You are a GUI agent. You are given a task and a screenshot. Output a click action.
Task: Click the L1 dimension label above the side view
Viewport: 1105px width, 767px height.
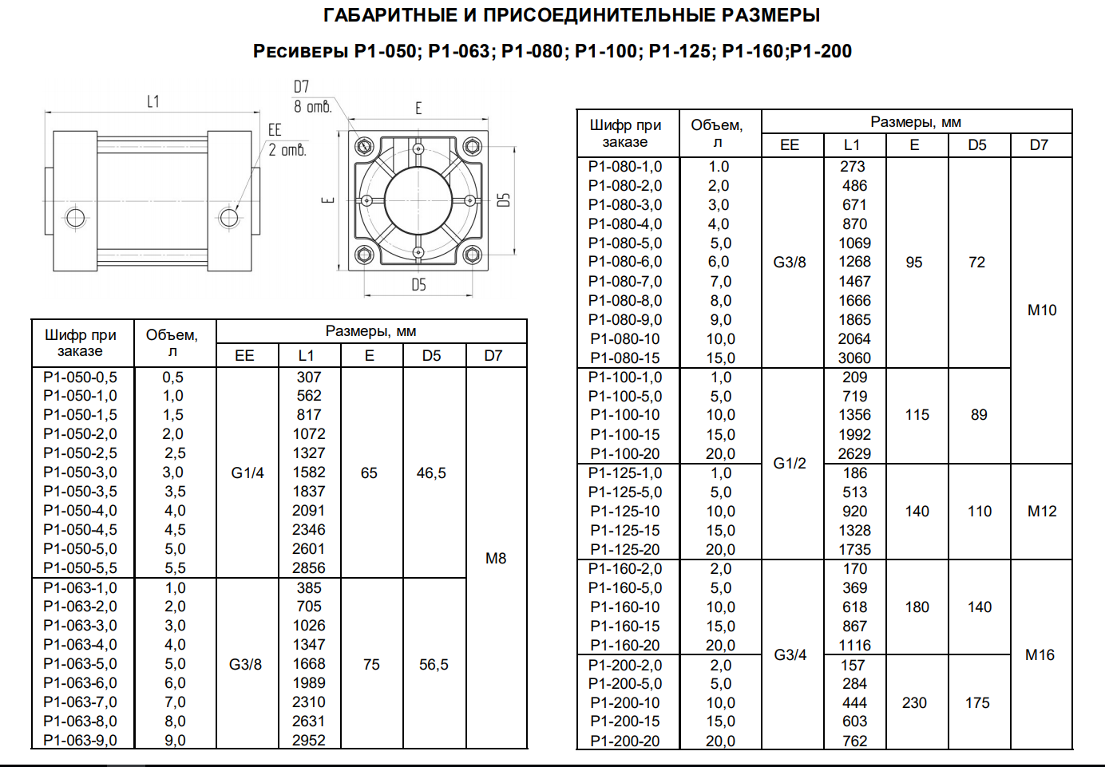tap(153, 101)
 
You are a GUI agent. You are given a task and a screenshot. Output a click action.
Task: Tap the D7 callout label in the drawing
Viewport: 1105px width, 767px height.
tap(301, 87)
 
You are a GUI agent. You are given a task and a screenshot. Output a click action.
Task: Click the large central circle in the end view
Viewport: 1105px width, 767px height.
tap(418, 201)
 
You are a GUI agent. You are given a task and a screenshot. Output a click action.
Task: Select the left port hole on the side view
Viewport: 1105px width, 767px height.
tap(76, 218)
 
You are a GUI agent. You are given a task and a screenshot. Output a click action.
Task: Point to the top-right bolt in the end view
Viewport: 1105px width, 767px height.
tap(473, 146)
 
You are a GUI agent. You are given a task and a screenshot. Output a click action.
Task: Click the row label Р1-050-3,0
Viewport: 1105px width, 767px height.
tap(81, 472)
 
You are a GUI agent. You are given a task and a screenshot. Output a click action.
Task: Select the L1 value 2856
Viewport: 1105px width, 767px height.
tap(309, 567)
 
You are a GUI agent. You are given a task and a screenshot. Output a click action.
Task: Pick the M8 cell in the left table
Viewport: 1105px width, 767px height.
tap(496, 559)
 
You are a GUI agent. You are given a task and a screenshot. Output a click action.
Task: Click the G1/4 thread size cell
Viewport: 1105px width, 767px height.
tap(248, 473)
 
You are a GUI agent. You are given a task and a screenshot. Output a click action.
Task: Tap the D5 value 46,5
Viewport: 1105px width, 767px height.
tap(431, 473)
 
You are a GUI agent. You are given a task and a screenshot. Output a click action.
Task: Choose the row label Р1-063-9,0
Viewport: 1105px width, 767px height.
tap(81, 741)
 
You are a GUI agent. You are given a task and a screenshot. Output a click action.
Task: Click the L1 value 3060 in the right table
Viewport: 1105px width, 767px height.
tap(854, 358)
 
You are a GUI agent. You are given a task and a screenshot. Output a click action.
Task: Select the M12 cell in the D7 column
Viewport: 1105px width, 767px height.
tap(1042, 511)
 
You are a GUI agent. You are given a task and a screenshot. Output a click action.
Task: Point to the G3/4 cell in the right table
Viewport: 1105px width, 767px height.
tap(790, 655)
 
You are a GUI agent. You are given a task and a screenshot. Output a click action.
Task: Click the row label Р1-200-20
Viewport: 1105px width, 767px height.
tap(625, 741)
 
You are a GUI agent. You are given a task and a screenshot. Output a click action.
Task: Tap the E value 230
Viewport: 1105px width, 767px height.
tap(914, 703)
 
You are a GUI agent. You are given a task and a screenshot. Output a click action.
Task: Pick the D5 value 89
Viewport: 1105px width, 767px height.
tap(979, 415)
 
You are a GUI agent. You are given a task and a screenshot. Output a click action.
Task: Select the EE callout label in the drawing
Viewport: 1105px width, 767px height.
tap(275, 130)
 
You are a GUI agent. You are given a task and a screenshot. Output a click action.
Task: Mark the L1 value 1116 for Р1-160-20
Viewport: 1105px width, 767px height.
tap(854, 645)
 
